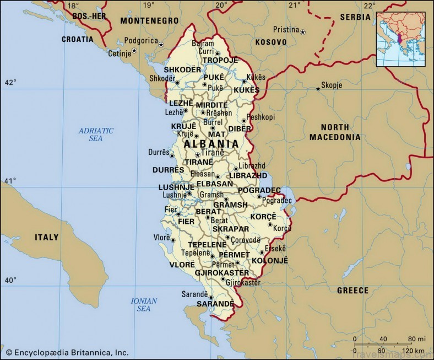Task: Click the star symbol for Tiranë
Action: coord(197,155)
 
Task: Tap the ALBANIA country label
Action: coord(211,144)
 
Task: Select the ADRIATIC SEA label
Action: coord(96,135)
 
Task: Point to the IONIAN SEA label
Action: coord(144,305)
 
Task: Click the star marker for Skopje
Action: coord(318,88)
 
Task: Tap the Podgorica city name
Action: coord(140,41)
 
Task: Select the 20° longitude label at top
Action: coord(221,5)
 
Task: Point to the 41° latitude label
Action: coord(10,181)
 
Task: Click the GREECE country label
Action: coord(352,291)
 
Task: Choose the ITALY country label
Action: coord(46,237)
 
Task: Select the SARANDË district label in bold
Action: coord(215,304)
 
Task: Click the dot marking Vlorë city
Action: coord(173,240)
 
